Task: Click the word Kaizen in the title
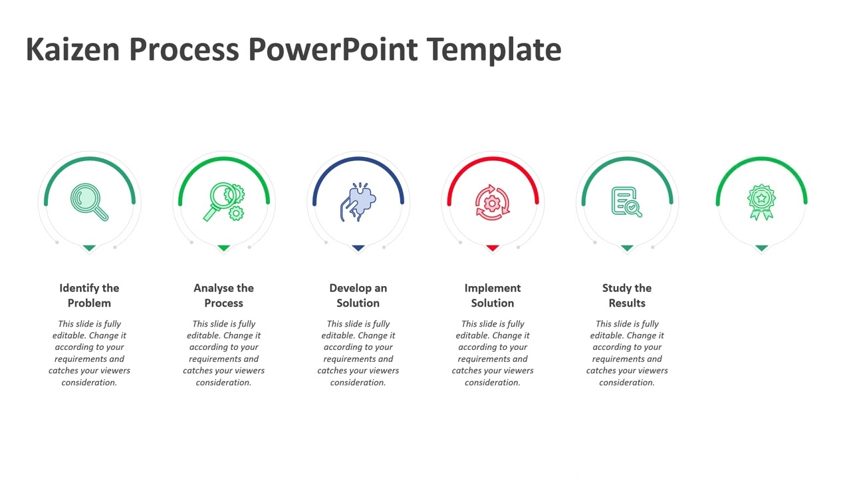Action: point(73,49)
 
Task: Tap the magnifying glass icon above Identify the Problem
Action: point(89,202)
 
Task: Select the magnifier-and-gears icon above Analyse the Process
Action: point(224,202)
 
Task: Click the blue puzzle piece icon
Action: point(358,202)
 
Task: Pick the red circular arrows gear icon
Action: point(493,202)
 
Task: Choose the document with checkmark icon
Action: point(627,202)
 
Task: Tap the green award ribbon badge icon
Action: point(761,202)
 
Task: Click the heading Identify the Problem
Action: point(89,295)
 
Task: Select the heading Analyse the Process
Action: point(223,295)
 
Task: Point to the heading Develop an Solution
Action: point(358,295)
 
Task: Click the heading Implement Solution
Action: point(493,295)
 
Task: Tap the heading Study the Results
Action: point(627,295)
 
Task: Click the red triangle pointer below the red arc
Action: point(493,248)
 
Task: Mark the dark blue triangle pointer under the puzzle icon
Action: point(358,248)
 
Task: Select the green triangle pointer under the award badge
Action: point(761,248)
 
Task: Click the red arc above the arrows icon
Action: point(493,159)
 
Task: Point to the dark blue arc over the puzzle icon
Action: point(358,159)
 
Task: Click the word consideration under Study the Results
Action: point(627,383)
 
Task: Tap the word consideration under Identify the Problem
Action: point(89,383)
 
